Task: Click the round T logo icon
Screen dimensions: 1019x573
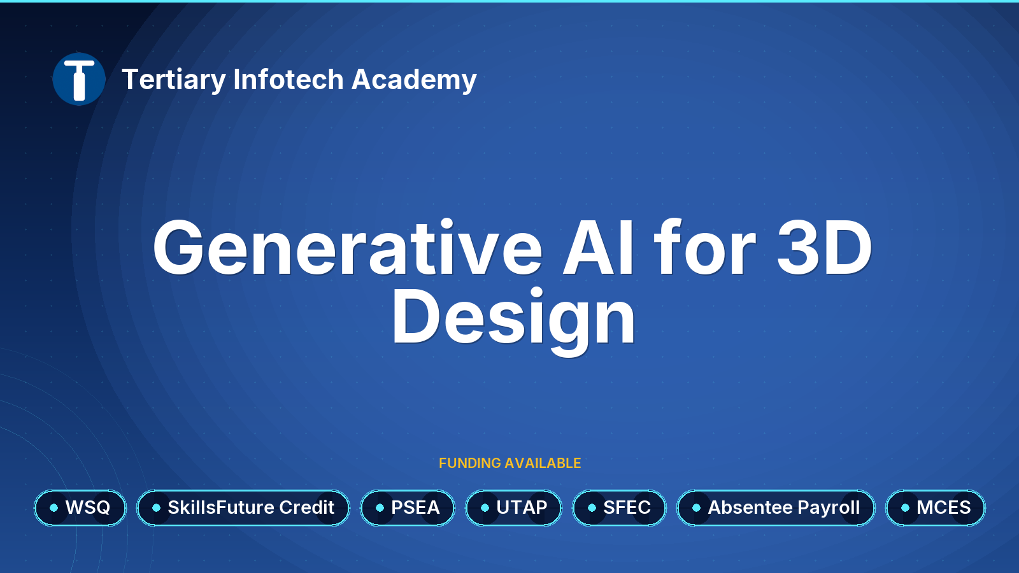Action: (x=79, y=79)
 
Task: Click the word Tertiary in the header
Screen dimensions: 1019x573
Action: (x=174, y=80)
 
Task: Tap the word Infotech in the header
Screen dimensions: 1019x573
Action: (x=289, y=79)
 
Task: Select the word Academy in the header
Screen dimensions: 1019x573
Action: (x=414, y=80)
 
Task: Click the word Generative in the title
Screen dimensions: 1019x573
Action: (x=348, y=248)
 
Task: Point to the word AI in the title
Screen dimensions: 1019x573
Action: (x=598, y=248)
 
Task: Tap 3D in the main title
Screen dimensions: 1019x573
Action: (x=824, y=248)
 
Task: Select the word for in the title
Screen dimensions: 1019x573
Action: (x=705, y=248)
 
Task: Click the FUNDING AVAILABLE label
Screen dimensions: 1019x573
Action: (x=509, y=463)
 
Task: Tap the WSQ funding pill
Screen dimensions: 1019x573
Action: (x=80, y=507)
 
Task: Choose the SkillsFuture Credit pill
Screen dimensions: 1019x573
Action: (x=243, y=507)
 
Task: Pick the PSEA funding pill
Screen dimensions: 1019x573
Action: (x=408, y=507)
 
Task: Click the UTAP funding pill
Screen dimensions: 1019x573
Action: (x=513, y=507)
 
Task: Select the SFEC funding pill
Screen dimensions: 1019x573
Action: (x=619, y=507)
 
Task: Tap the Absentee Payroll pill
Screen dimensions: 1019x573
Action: (x=776, y=507)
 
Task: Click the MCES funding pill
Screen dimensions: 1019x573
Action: (x=936, y=507)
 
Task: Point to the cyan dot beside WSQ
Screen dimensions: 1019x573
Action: (x=53, y=507)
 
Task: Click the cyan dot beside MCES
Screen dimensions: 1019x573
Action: (x=905, y=507)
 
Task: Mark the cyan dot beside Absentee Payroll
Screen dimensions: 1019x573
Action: (x=697, y=507)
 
